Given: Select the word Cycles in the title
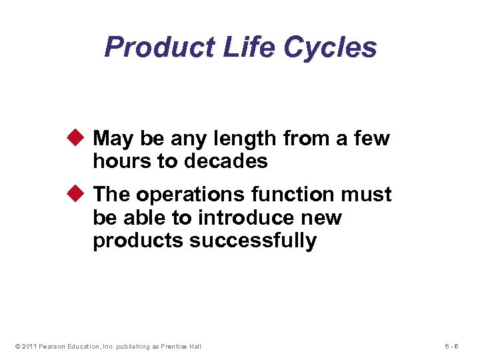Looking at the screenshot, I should point(330,48).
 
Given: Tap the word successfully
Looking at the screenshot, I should point(253,241).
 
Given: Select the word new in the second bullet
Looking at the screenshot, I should point(323,217).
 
